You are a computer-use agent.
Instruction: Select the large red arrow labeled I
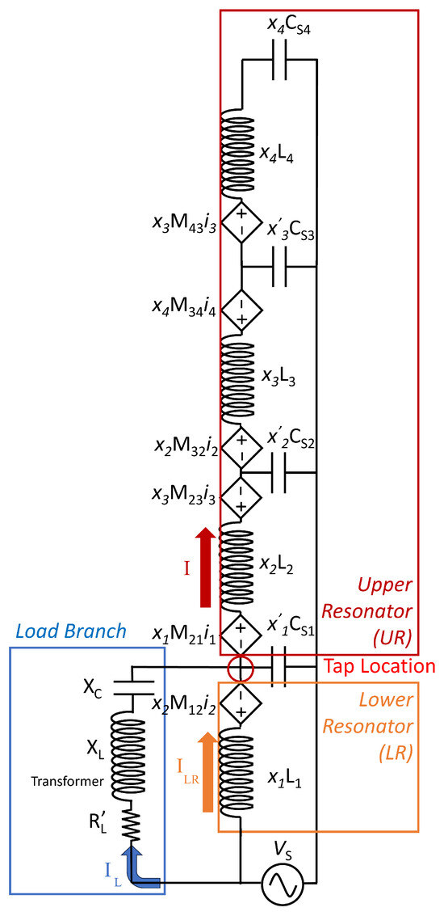205,566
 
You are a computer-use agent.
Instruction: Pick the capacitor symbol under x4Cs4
279,60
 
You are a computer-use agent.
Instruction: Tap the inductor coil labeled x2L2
241,566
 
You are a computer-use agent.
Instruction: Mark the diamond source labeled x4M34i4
241,309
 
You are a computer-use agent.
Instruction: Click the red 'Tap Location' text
379,666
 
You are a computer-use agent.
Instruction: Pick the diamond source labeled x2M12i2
241,702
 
